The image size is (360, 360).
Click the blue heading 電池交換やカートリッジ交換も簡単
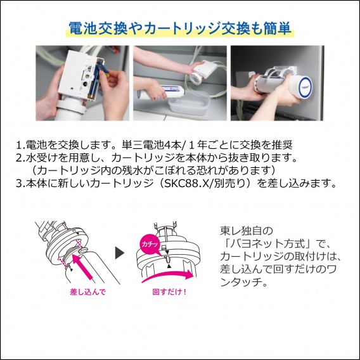coord(180,29)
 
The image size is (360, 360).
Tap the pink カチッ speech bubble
coord(150,244)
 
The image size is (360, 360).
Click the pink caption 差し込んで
coord(87,292)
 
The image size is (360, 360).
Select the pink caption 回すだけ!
coord(169,292)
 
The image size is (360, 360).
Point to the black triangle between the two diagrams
coord(120,253)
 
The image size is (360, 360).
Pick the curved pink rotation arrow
coord(167,275)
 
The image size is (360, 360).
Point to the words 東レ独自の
coord(247,231)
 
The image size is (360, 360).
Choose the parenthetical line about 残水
coord(153,170)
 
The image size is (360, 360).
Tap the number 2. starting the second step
coord(21,158)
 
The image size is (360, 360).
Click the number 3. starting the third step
coord(21,184)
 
